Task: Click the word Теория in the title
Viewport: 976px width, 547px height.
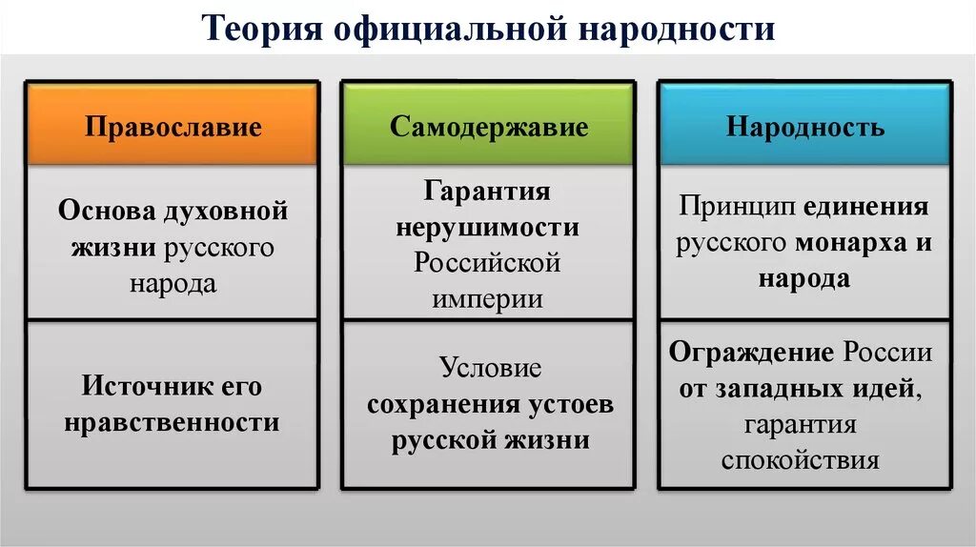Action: pyautogui.click(x=259, y=29)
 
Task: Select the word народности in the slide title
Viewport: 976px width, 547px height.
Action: pyautogui.click(x=675, y=29)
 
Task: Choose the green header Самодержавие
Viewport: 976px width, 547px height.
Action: pyautogui.click(x=488, y=127)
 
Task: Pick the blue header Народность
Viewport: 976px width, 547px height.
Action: pyautogui.click(x=805, y=127)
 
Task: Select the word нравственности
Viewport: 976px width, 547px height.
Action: pyautogui.click(x=173, y=422)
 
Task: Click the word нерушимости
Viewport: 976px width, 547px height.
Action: pyautogui.click(x=488, y=228)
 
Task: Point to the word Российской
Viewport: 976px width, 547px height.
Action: pyautogui.click(x=488, y=263)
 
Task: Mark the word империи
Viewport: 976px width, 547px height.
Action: pyautogui.click(x=488, y=298)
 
